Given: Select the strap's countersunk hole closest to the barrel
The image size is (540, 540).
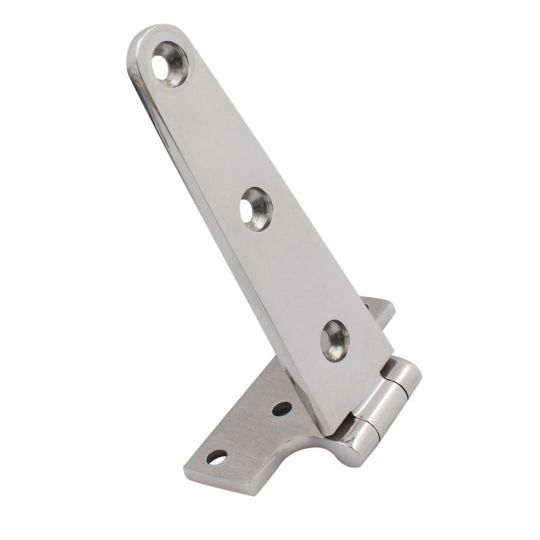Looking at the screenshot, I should (334, 340).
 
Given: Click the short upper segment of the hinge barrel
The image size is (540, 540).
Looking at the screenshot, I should (408, 375).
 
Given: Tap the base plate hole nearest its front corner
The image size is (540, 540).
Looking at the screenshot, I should (217, 457).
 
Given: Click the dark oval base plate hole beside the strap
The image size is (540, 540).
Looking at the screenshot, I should (281, 409).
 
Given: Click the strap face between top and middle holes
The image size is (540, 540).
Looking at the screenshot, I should (216, 138).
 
